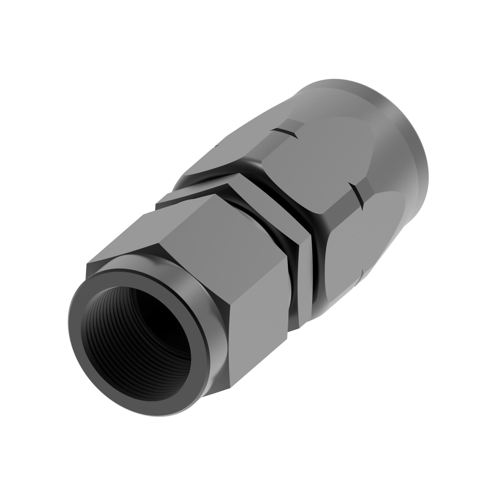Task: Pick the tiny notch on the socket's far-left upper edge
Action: pos(217,146)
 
